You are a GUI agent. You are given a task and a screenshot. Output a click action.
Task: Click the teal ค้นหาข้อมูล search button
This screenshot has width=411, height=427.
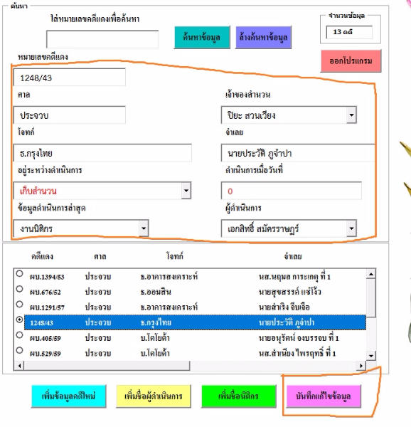(202, 37)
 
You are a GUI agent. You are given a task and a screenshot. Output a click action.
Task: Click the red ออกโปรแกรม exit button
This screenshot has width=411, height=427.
(351, 61)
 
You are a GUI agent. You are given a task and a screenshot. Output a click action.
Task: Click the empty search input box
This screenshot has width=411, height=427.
(102, 39)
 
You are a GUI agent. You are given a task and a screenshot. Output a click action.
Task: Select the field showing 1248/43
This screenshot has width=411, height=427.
(70, 78)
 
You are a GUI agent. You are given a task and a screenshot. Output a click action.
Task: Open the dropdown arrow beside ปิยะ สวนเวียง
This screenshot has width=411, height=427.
(351, 115)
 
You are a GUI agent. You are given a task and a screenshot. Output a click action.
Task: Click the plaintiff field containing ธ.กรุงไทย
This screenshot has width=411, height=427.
(102, 153)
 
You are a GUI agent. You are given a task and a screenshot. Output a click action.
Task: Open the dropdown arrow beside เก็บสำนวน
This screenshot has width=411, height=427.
(186, 190)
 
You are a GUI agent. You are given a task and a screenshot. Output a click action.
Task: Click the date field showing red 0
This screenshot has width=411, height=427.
(292, 191)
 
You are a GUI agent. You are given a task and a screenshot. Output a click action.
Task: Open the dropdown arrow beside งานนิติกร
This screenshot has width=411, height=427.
(144, 228)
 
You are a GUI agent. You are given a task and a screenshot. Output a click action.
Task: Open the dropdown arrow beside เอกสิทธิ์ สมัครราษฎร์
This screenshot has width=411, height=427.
(351, 228)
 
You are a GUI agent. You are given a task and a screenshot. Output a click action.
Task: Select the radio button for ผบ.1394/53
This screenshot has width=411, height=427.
(19, 273)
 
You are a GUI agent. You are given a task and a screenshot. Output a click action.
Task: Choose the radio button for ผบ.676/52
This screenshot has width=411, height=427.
(19, 289)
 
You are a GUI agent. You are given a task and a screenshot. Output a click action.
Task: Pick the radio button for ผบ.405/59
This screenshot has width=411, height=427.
(19, 335)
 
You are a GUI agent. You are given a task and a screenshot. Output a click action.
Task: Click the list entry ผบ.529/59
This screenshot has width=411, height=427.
(46, 354)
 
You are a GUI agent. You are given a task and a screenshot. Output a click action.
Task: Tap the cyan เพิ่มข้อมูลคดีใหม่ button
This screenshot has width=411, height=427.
(68, 396)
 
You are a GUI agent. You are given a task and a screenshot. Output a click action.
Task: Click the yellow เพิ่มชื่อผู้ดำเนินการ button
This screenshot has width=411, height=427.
(154, 396)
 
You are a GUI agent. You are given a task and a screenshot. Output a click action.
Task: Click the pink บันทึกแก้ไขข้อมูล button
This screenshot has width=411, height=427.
(324, 396)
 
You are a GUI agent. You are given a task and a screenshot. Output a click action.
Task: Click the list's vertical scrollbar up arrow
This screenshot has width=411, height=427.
(371, 274)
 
